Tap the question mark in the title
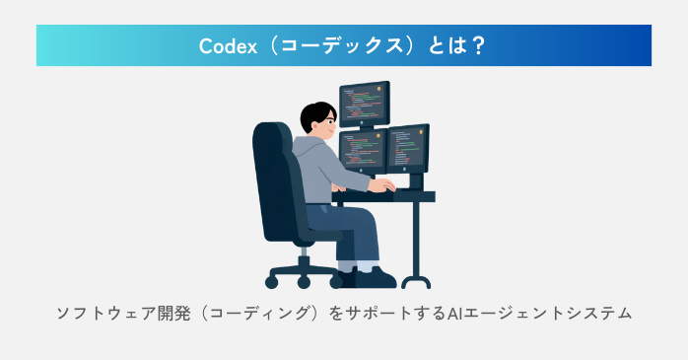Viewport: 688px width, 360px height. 478,46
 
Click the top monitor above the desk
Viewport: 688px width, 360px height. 365,103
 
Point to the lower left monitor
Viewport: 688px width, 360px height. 362,150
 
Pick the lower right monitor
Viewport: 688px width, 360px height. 407,147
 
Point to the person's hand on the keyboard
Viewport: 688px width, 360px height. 386,184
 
